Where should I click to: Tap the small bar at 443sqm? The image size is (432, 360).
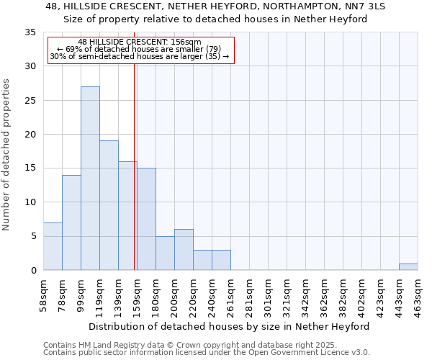point(408,266)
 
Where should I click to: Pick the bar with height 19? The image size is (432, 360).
point(109,205)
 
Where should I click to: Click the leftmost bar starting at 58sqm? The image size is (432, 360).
point(53,246)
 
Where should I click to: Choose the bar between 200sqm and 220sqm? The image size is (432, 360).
point(184,249)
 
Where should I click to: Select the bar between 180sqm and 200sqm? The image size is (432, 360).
point(165,253)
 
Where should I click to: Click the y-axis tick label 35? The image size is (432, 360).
point(30,32)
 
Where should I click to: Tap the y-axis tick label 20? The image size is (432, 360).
point(30,135)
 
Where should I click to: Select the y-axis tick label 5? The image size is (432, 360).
point(33,236)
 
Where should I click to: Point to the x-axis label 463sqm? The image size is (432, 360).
point(418,297)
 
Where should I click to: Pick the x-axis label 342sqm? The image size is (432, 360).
point(306,297)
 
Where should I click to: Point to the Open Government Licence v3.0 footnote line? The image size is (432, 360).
point(206,353)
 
